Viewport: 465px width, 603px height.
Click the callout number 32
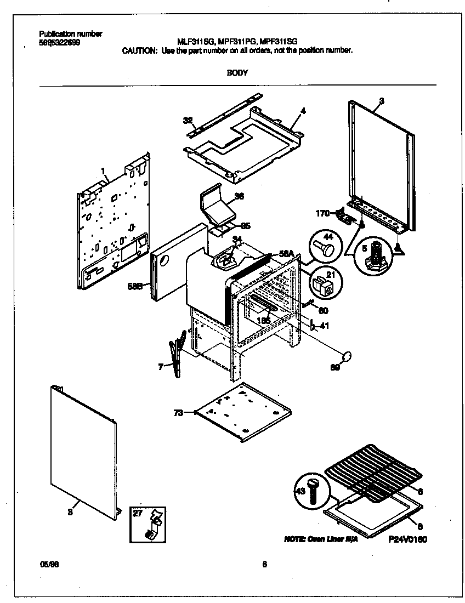(x=187, y=120)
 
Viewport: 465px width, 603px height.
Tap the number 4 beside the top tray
(x=303, y=111)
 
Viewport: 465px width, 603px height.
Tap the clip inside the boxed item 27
(x=152, y=525)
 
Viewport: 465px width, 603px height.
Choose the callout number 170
(x=322, y=212)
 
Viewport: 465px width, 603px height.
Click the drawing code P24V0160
(x=407, y=539)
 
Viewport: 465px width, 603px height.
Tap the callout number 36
(x=239, y=196)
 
